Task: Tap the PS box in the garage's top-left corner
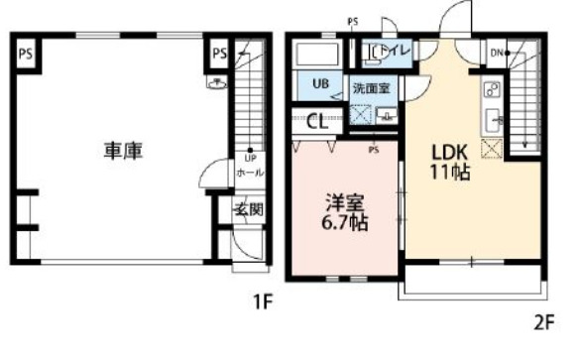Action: point(26,55)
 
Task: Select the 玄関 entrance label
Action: point(247,209)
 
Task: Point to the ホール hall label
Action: point(250,173)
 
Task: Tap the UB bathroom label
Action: point(321,83)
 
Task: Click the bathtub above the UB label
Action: point(317,56)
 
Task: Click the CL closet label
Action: point(318,123)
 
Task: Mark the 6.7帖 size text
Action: point(346,223)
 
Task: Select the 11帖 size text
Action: point(448,174)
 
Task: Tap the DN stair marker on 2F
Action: point(496,54)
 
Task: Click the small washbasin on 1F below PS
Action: point(217,85)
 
